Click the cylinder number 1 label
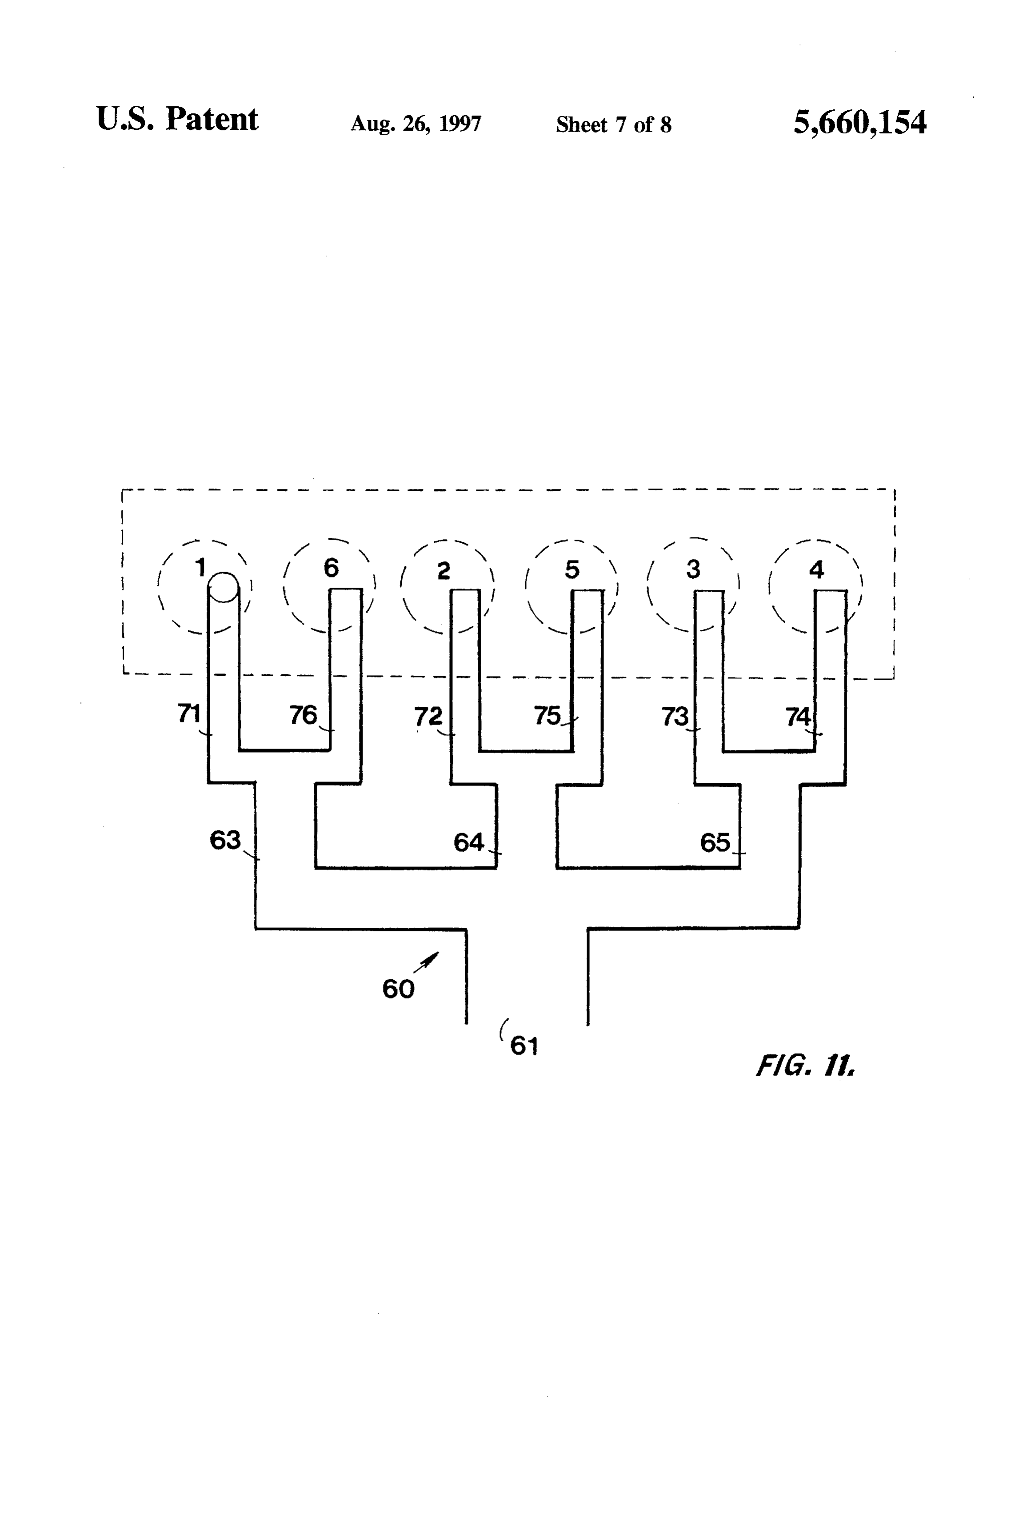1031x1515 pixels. point(201,567)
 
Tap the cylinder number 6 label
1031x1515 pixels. point(331,568)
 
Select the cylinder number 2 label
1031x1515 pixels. point(444,570)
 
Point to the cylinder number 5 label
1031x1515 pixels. point(571,570)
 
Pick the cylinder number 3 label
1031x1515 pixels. point(693,569)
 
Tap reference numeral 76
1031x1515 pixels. point(303,715)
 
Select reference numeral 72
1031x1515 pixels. point(428,717)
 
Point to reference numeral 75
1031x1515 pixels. point(547,716)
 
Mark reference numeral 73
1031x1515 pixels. point(675,717)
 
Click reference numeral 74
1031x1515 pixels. point(798,717)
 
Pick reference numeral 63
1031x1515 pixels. point(225,840)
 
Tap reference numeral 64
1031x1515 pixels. point(468,843)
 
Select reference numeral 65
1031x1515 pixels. point(715,843)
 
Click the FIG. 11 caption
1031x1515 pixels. point(806,1066)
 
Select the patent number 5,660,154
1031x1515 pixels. point(859,123)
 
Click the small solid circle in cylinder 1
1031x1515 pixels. point(224,587)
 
